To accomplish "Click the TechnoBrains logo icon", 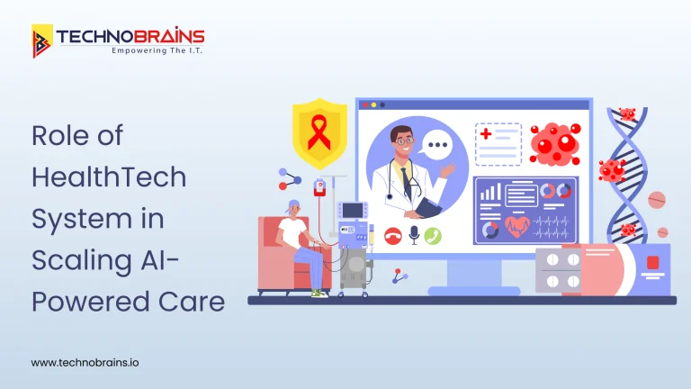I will tap(42, 41).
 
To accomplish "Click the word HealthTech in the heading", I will tap(109, 176).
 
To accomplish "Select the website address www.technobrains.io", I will tap(85, 362).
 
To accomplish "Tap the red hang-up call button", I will tap(392, 236).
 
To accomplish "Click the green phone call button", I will tap(433, 236).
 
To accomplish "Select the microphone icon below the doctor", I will tap(413, 236).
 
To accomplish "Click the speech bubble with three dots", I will tap(437, 144).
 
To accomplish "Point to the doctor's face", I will tap(401, 140).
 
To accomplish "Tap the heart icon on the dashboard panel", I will tap(517, 223).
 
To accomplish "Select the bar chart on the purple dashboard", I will tap(490, 192).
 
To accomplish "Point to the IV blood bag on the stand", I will tap(319, 186).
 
